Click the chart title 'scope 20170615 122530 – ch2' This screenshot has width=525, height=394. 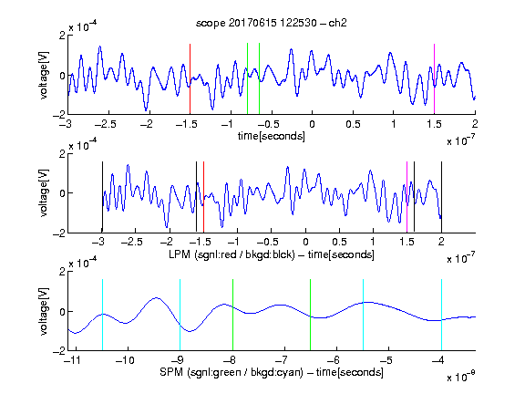(x=272, y=23)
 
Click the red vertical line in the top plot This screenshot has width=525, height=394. (x=190, y=79)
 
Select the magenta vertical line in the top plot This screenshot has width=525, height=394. (x=434, y=79)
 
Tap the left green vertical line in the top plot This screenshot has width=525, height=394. (x=247, y=78)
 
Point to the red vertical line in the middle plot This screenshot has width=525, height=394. (x=203, y=197)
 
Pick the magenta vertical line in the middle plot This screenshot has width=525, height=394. (x=407, y=197)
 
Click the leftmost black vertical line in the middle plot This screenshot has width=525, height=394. (x=102, y=197)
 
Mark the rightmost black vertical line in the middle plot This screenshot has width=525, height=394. (x=441, y=197)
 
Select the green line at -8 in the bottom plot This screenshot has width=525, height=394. (x=232, y=315)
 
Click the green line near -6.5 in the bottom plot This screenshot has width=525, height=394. (x=311, y=315)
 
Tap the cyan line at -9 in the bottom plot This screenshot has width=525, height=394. (x=180, y=315)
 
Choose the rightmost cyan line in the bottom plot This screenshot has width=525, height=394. (x=441, y=315)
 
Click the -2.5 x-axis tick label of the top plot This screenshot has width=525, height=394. (x=105, y=124)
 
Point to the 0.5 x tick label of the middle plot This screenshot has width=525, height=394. (x=339, y=242)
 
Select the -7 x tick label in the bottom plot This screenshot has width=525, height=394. (x=282, y=360)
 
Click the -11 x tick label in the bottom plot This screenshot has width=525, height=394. (x=72, y=360)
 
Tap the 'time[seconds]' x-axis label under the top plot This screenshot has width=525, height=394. (x=272, y=136)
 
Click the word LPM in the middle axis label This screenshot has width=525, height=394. (x=180, y=254)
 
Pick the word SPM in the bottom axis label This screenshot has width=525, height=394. (x=171, y=372)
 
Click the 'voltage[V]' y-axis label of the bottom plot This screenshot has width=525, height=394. (x=44, y=311)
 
